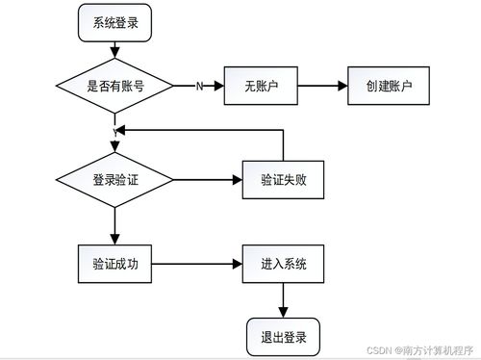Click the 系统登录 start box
114,24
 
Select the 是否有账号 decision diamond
114,86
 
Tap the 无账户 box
257,86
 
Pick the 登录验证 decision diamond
114,180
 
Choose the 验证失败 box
281,180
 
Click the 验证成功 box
114,263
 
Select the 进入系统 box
282,263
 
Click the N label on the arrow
199,87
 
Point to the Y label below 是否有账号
114,130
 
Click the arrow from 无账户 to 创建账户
318,86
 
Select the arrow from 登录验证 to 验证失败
207,180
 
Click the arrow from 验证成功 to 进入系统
197,263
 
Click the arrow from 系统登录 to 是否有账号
114,51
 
